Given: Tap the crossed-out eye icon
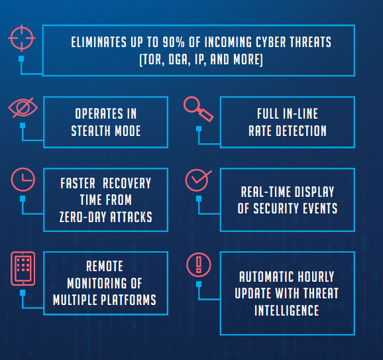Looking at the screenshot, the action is click(x=23, y=107).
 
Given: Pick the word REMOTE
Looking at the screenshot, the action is click(x=105, y=266).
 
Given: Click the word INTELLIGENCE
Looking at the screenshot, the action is click(x=286, y=310).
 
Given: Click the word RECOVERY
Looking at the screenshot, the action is click(x=127, y=183).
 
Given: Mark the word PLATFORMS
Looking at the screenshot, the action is click(x=129, y=300).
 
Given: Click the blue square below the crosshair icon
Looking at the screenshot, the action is click(x=21, y=58).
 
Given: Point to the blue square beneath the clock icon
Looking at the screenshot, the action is click(x=23, y=198).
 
